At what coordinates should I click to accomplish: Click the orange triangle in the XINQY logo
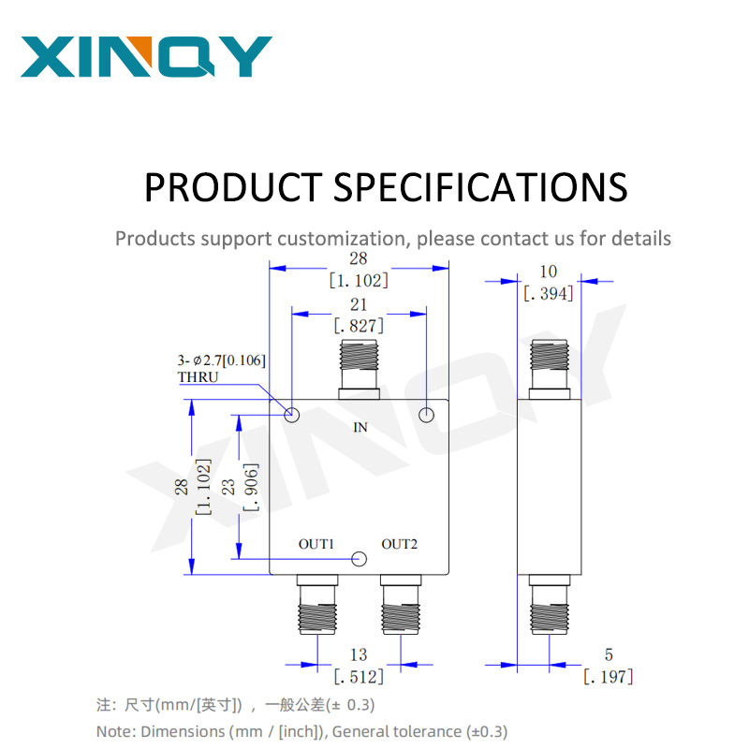[141, 48]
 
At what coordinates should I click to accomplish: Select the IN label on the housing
[360, 427]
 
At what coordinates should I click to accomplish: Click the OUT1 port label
[316, 544]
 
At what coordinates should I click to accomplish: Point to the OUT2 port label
[400, 544]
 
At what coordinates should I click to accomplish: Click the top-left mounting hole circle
[292, 415]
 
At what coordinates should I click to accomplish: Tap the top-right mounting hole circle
[427, 415]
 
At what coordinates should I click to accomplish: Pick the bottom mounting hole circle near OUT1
[359, 559]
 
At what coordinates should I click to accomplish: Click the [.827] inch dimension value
[359, 326]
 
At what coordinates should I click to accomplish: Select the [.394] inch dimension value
[549, 294]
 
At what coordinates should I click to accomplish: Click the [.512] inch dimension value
[359, 677]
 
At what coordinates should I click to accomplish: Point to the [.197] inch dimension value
[609, 677]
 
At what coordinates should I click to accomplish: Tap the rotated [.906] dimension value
[251, 487]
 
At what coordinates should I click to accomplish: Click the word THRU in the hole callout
[198, 377]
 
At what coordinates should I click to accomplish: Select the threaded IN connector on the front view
[359, 370]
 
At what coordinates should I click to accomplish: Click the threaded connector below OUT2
[401, 605]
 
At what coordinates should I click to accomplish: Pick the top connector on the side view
[550, 370]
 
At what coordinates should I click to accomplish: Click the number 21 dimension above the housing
[359, 305]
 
